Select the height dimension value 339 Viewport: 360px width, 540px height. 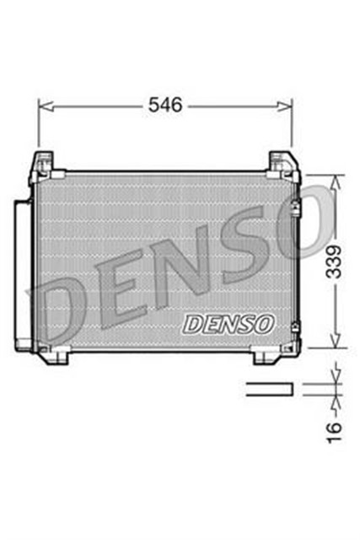pyautogui.click(x=336, y=262)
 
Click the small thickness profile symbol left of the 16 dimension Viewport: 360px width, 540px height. pyautogui.click(x=269, y=388)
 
